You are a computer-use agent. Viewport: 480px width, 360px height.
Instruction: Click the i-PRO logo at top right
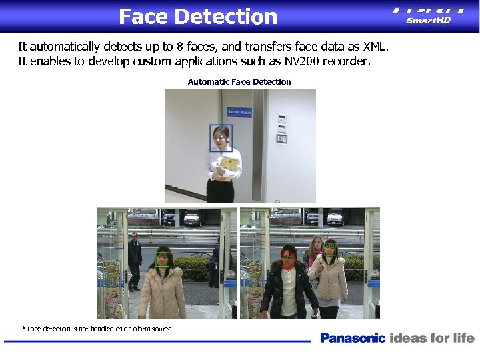tap(428, 10)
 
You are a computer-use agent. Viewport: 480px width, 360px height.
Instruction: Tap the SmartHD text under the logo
tap(429, 21)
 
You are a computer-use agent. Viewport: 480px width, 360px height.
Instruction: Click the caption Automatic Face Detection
tap(239, 82)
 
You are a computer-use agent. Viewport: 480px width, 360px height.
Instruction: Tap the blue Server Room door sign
tap(239, 112)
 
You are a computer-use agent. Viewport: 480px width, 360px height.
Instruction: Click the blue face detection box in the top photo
tap(221, 138)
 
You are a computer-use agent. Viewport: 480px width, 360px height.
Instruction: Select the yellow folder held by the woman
tap(229, 163)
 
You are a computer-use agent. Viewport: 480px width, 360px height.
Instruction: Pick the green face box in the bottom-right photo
tap(329, 249)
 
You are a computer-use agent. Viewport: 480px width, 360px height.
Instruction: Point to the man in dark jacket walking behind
tap(135, 260)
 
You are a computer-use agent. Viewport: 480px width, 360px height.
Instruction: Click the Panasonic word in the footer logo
tap(353, 338)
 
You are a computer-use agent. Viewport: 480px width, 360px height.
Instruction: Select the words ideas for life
tap(432, 338)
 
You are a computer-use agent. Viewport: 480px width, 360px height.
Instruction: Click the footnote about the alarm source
tap(99, 329)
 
